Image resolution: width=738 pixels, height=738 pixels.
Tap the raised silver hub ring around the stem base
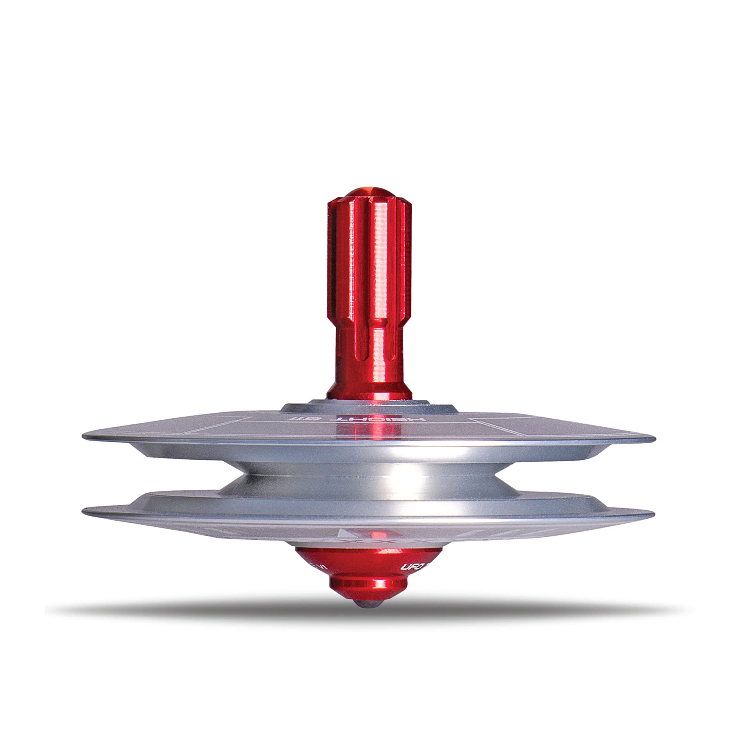tap(369, 406)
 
